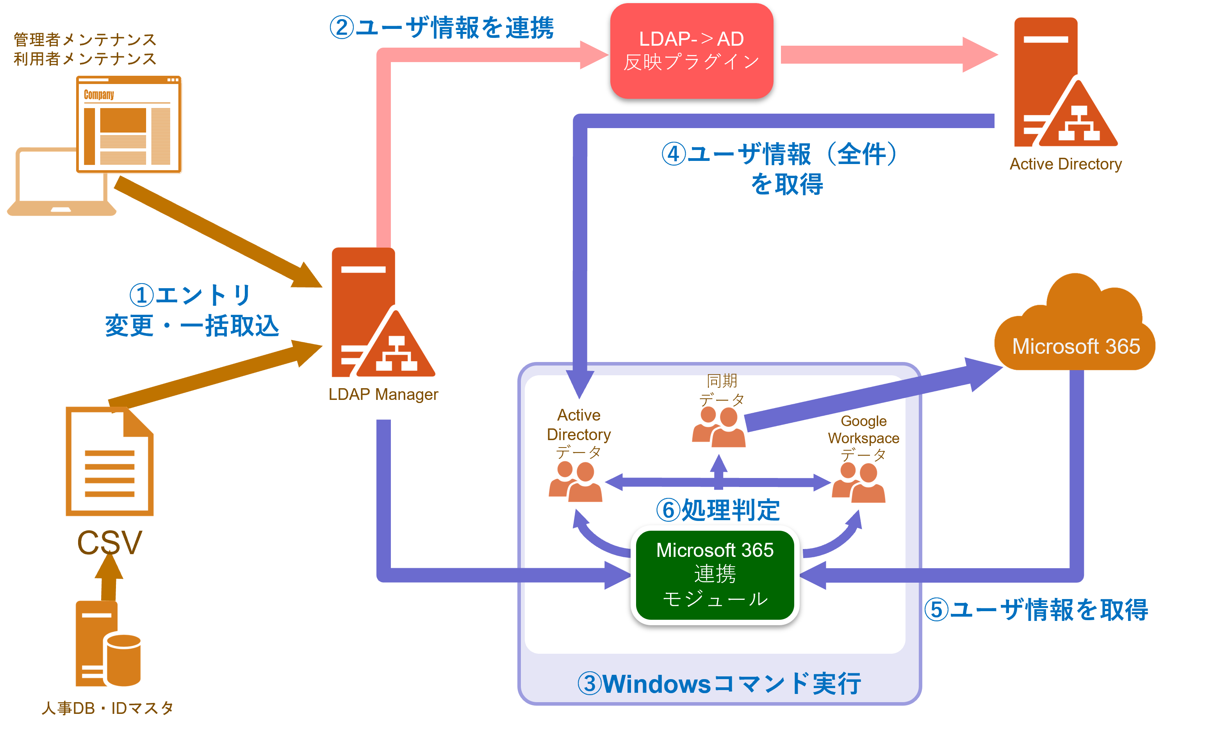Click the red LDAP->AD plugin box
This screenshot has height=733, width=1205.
coord(691,51)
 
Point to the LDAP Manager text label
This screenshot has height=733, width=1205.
coord(383,394)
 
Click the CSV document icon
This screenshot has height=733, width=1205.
coord(110,462)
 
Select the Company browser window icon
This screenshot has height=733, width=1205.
coord(129,125)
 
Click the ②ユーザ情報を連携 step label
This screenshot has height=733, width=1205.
coord(442,27)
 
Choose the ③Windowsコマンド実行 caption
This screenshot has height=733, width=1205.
coord(719,684)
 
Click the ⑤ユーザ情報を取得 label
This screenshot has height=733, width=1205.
coord(1036,610)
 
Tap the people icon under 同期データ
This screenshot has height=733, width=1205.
coord(718,428)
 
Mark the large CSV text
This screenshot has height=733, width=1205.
coord(110,542)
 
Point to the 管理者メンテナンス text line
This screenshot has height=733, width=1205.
coord(85,39)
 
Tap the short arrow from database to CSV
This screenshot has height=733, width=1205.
coord(109,577)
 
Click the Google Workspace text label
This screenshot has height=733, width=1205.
coord(863,429)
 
